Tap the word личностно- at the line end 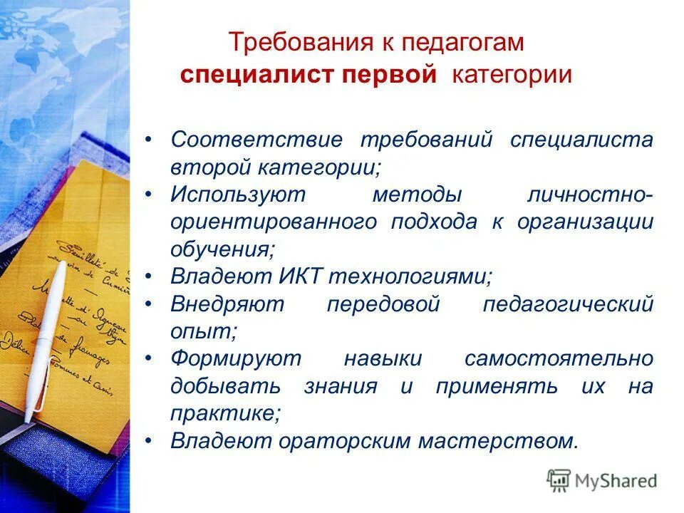589,195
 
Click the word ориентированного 274,222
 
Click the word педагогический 568,304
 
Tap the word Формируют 237,359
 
